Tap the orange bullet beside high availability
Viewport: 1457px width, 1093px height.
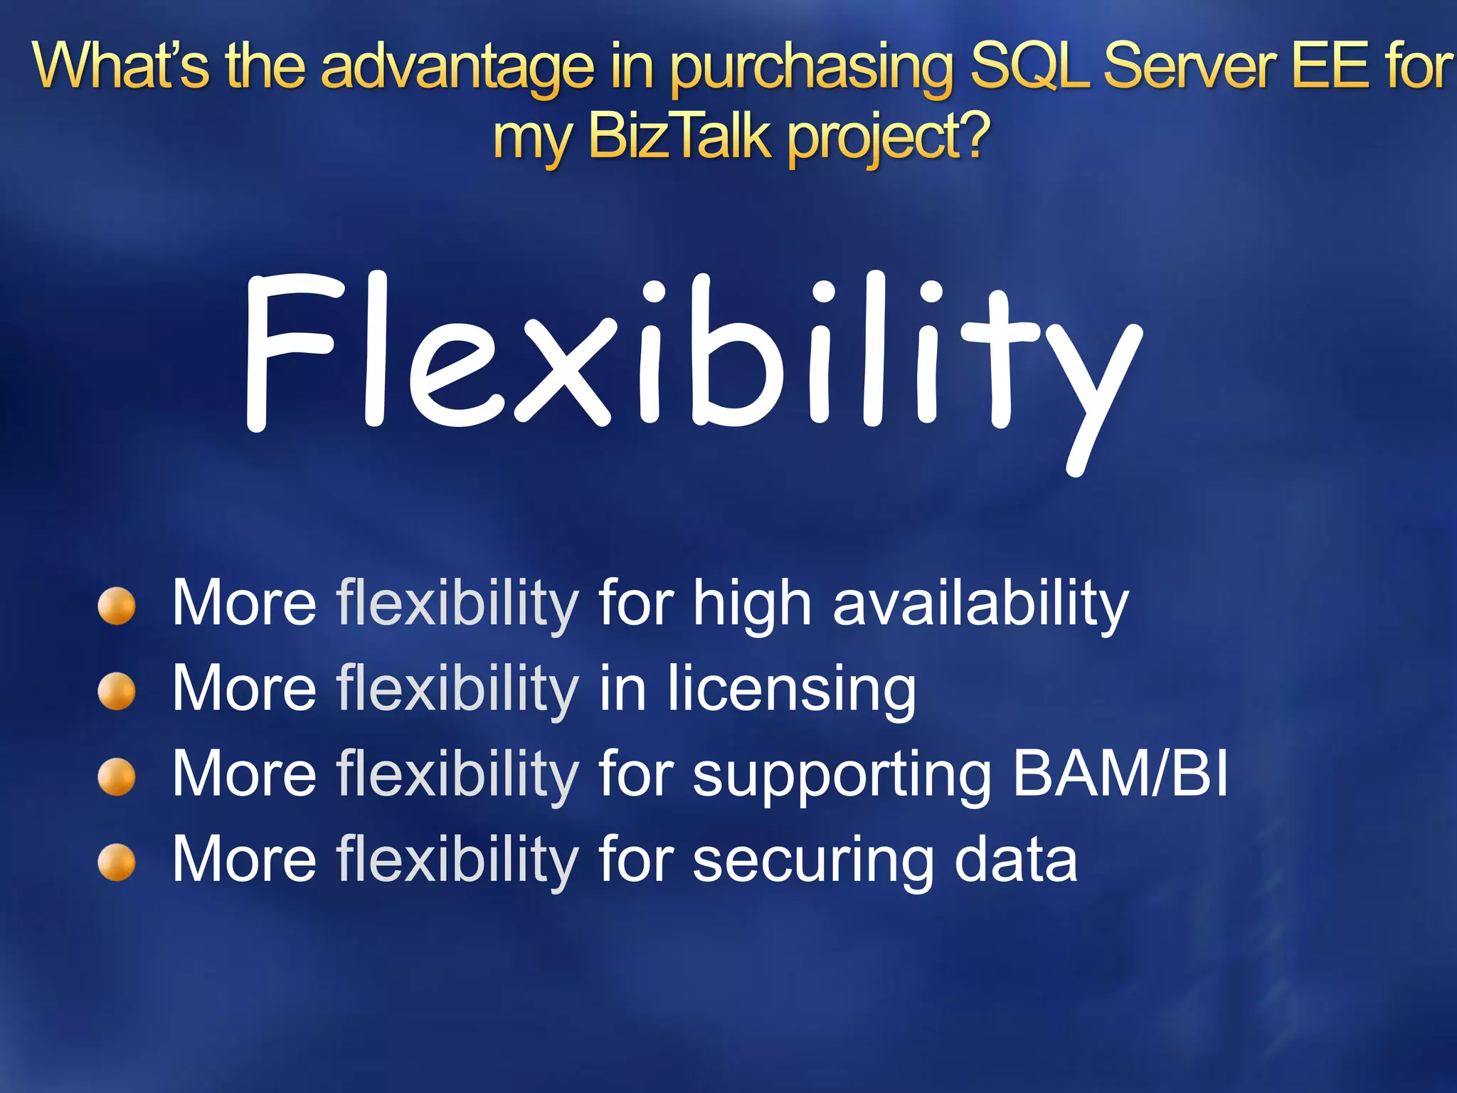coord(117,606)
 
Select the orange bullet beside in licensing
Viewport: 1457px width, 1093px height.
coord(117,691)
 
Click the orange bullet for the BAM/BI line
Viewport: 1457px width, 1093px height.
coord(117,776)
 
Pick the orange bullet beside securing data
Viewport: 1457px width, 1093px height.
coord(117,862)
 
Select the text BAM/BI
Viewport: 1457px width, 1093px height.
coord(1120,774)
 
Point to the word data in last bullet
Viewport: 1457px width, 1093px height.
coord(1015,860)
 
